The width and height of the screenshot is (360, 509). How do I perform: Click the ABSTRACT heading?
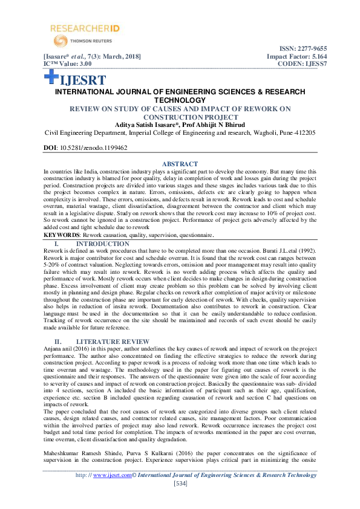180,164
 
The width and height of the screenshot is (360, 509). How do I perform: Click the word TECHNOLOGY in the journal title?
180,100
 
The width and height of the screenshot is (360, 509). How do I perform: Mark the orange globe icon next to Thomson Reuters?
61,41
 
